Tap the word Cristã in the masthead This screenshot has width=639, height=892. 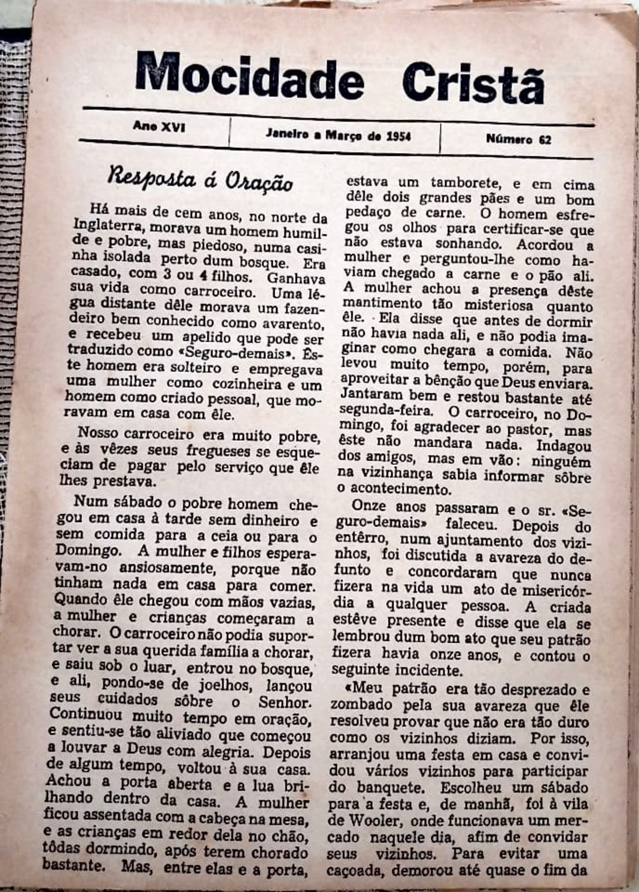click(x=473, y=82)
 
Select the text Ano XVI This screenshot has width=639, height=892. click(x=159, y=126)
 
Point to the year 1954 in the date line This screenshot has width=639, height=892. click(x=399, y=136)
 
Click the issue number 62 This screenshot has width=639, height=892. click(x=545, y=139)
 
